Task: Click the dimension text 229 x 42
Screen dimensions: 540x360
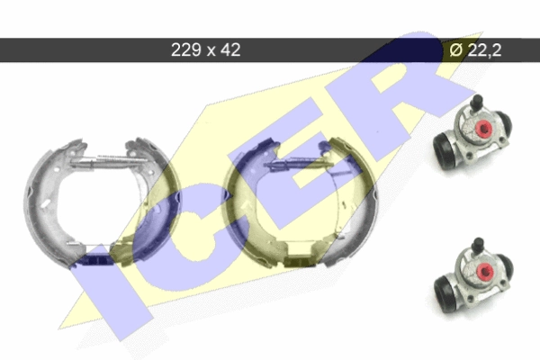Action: click(x=205, y=50)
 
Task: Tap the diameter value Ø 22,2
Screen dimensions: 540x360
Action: click(x=475, y=50)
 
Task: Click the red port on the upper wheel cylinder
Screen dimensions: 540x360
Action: click(x=483, y=128)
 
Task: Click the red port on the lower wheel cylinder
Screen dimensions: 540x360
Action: click(x=485, y=272)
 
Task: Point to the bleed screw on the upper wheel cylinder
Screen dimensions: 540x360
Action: click(x=477, y=102)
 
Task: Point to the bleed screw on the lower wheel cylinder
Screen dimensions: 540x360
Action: click(x=479, y=244)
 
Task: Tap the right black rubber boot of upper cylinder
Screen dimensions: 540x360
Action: click(x=505, y=125)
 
